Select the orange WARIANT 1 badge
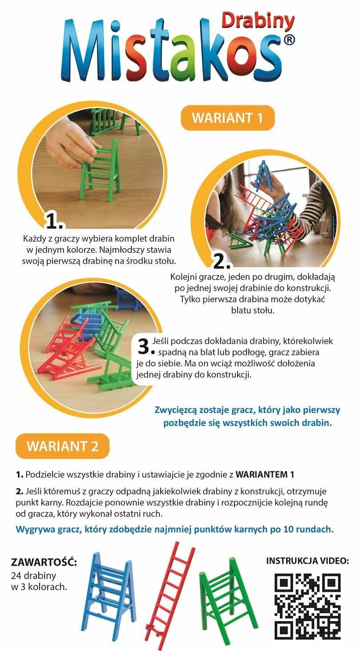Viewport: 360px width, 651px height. pos(228,118)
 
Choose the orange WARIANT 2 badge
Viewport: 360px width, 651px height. pos(62,446)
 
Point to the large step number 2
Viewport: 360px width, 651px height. pos(222,262)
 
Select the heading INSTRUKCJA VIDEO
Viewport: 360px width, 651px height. pos(307,561)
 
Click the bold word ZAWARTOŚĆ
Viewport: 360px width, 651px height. pos(44,562)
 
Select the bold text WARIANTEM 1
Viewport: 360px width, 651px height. pos(265,474)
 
